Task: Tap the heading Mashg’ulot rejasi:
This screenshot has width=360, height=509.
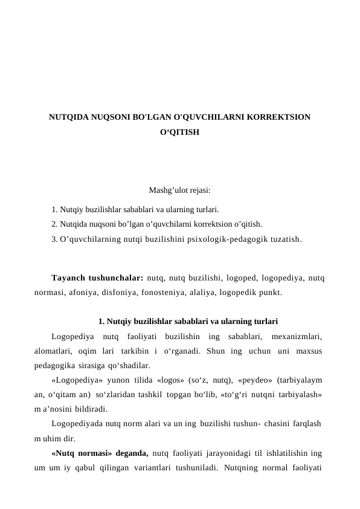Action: tap(179, 190)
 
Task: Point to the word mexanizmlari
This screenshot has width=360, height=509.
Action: tap(297, 336)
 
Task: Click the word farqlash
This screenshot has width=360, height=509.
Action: tap(305, 423)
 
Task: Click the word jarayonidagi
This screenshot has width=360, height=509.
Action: tap(232, 452)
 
